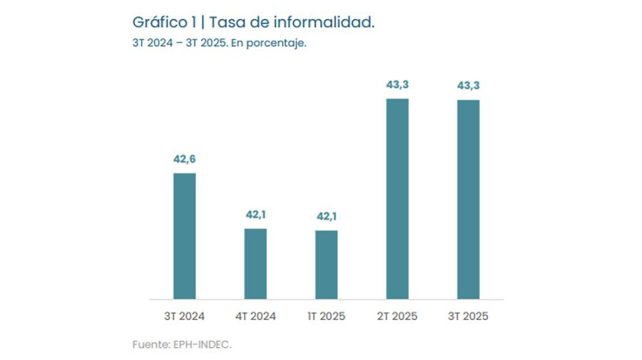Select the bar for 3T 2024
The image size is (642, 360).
[184, 236]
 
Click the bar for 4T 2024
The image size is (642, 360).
[255, 264]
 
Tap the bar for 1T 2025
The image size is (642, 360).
[326, 264]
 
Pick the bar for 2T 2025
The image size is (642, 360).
[397, 199]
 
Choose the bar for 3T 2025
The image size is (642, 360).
[468, 200]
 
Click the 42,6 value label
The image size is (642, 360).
[184, 159]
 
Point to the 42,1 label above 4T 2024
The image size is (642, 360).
[255, 215]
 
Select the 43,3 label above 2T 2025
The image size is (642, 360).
[397, 85]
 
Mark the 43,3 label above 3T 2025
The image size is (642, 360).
[468, 86]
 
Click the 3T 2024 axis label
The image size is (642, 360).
[184, 317]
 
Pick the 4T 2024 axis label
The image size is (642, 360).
[255, 317]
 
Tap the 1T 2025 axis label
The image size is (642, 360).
[326, 317]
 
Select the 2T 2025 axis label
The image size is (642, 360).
[397, 317]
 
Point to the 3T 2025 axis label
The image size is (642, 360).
[468, 317]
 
